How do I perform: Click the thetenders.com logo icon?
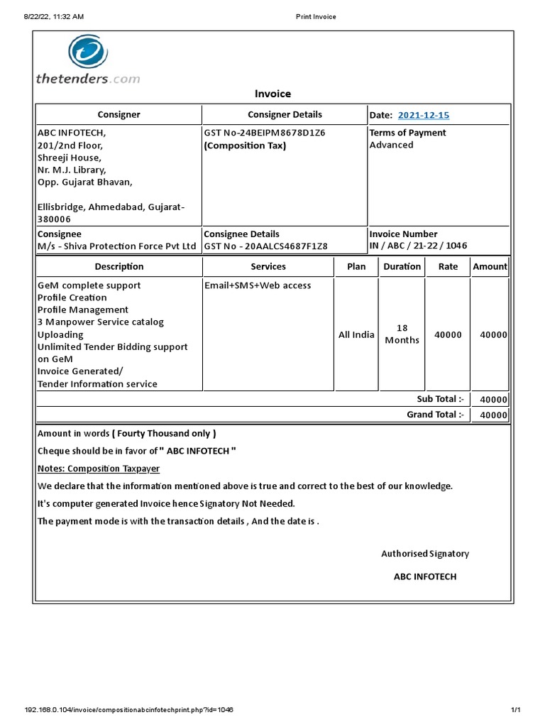pos(88,54)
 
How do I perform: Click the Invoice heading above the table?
pos(272,94)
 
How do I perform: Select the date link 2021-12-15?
pos(424,115)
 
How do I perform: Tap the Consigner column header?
pos(119,114)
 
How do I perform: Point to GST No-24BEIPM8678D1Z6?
pos(264,133)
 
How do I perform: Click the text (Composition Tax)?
pos(245,146)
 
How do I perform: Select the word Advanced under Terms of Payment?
pos(391,145)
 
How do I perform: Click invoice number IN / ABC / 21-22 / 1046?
pos(418,246)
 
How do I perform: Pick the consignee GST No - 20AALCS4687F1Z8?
pos(265,246)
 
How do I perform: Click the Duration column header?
pos(402,266)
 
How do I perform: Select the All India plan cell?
pos(356,334)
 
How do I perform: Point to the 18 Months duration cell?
pos(402,334)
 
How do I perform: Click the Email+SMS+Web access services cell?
pos(257,285)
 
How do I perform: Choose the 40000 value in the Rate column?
pos(448,334)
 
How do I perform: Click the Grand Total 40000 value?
pos(493,415)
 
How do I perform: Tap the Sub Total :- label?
pos(439,399)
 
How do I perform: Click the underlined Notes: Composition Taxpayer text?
pos(98,469)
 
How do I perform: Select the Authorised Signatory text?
pos(425,554)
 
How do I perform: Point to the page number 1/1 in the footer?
pos(516,710)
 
